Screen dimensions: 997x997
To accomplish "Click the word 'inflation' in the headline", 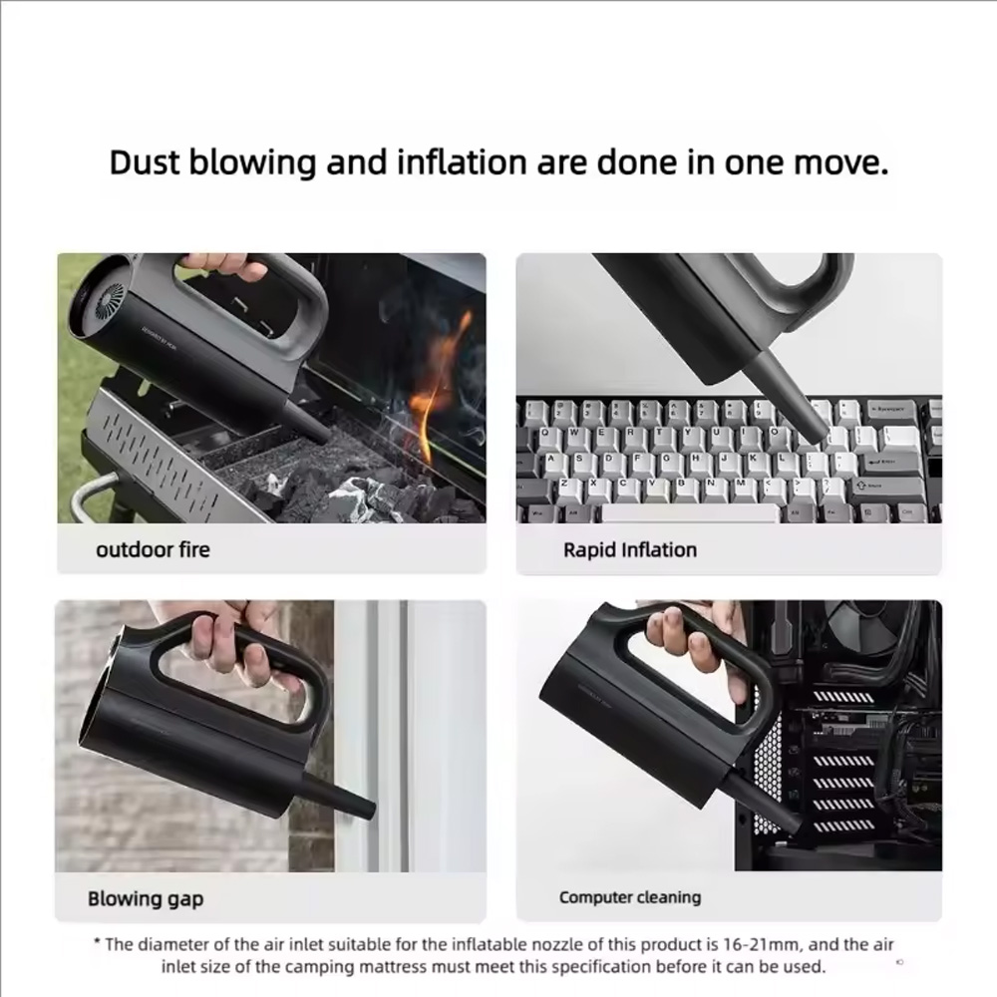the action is click(x=463, y=163).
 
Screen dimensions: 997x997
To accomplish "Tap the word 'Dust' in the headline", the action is click(x=145, y=163).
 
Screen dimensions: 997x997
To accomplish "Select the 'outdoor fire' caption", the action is click(x=153, y=549).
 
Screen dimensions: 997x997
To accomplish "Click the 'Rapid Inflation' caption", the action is click(x=630, y=550).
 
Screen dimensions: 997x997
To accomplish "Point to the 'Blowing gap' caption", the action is click(x=146, y=899).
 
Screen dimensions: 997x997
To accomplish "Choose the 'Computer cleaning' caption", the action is click(x=630, y=897).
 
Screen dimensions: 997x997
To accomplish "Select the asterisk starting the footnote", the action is click(x=97, y=942).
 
